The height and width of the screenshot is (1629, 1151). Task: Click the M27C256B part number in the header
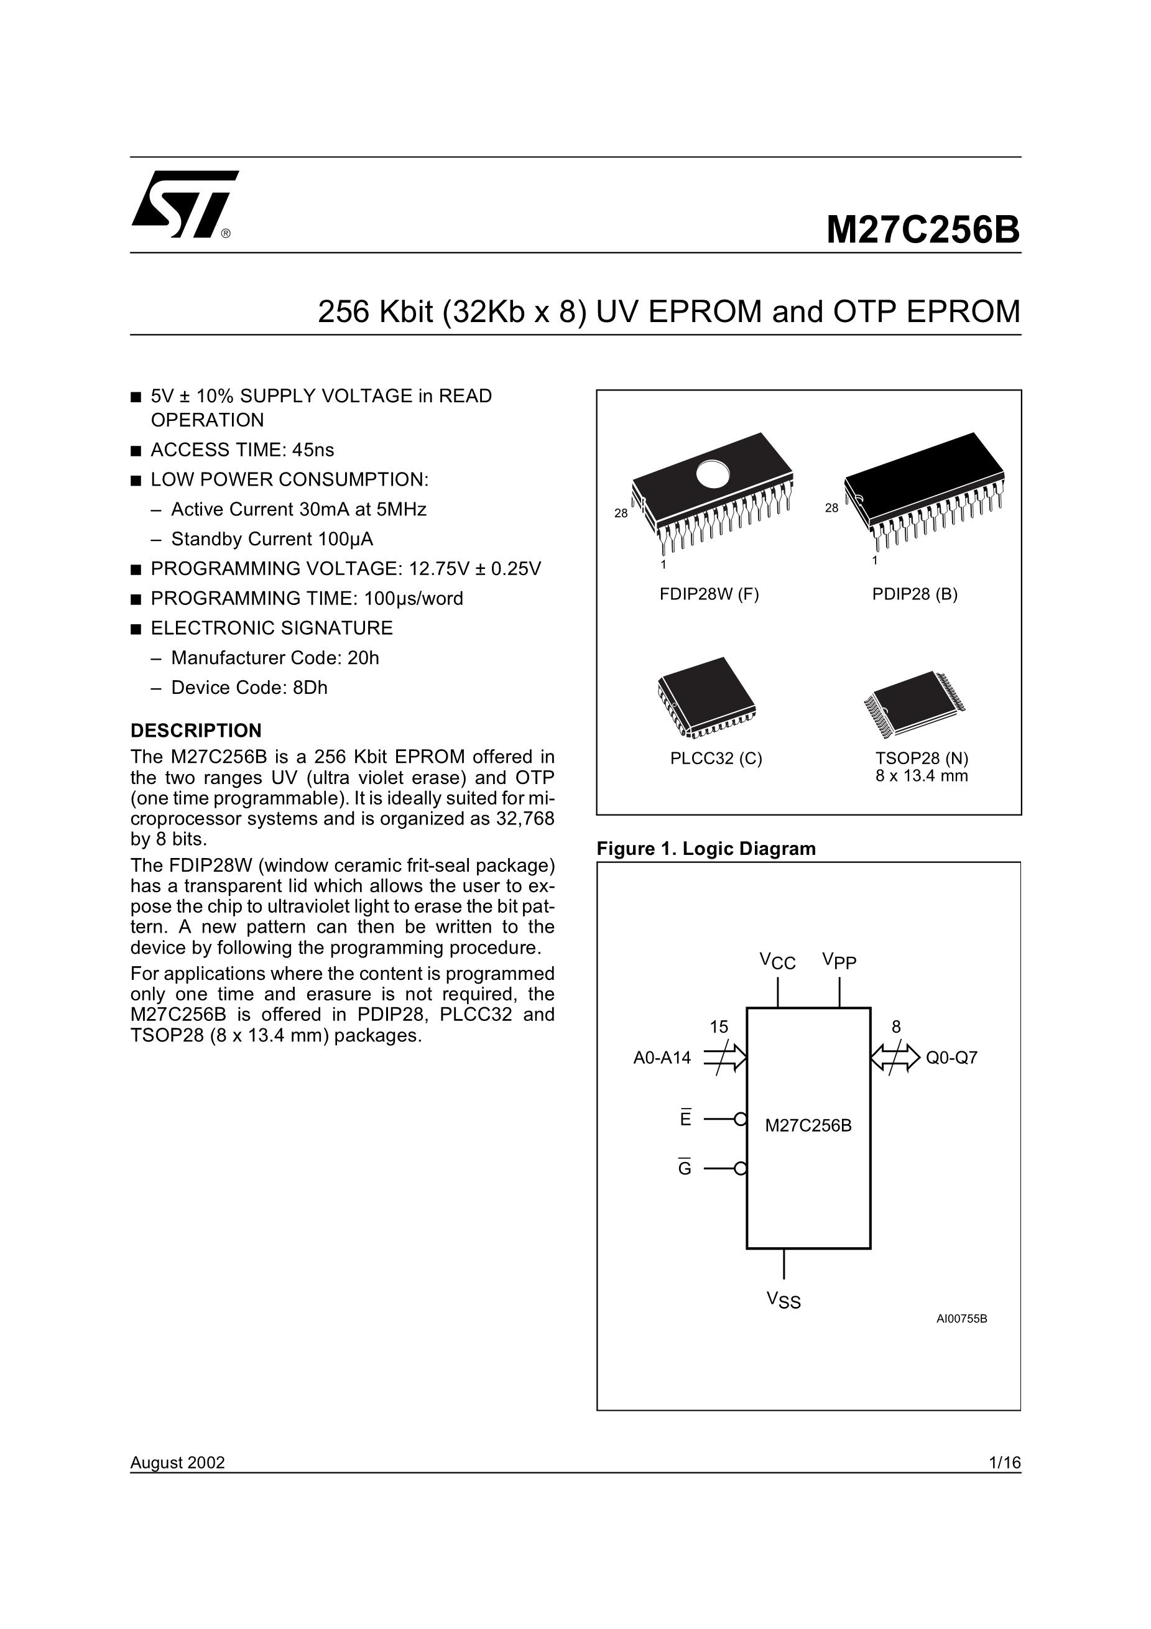click(x=923, y=230)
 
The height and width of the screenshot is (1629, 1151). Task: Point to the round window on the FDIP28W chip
click(x=712, y=474)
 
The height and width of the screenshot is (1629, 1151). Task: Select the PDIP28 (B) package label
click(x=915, y=594)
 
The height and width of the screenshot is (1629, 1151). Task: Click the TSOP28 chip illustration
click(x=914, y=703)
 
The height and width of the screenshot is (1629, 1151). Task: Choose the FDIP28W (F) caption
click(x=709, y=594)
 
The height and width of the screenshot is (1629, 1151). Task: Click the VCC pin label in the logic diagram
click(x=777, y=962)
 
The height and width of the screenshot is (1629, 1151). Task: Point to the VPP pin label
click(x=839, y=961)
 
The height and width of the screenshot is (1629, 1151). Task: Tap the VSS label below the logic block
click(x=784, y=1300)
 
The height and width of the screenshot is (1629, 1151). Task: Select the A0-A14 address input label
click(x=662, y=1058)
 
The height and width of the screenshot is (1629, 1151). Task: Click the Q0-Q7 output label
click(x=951, y=1058)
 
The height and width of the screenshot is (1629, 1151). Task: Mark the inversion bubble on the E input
click(x=741, y=1119)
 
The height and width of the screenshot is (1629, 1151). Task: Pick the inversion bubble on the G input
click(x=741, y=1168)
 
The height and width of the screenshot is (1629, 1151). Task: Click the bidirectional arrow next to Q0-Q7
click(x=895, y=1057)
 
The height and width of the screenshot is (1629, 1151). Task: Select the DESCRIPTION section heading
click(x=196, y=731)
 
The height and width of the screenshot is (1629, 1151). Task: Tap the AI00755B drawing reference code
click(x=961, y=1319)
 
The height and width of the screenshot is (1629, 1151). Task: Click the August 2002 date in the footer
click(x=177, y=1463)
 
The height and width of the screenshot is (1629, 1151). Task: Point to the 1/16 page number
click(x=1005, y=1463)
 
